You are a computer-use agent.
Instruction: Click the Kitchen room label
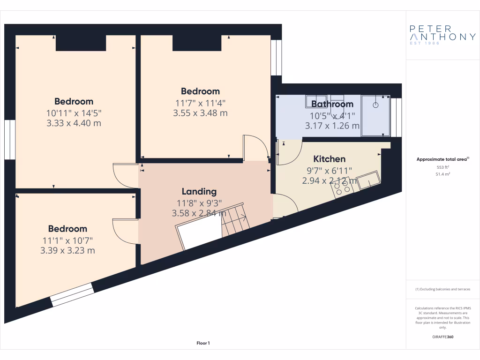pos(329,159)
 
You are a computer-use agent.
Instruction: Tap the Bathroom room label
pos(332,104)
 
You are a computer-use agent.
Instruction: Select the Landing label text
pos(199,191)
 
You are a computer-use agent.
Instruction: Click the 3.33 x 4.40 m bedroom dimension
pos(74,123)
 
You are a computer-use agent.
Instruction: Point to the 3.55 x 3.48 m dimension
pos(201,113)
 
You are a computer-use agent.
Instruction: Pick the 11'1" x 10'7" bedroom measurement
pos(67,240)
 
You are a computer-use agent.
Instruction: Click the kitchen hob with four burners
pos(342,187)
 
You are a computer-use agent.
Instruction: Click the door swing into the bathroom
pos(285,153)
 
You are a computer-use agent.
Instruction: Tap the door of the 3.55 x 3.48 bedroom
pos(256,147)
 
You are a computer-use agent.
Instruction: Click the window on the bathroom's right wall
pos(397,117)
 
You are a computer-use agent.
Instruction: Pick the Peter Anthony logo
pos(442,35)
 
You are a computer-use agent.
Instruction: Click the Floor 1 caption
pos(203,344)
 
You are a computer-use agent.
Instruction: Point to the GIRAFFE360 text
pos(442,337)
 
